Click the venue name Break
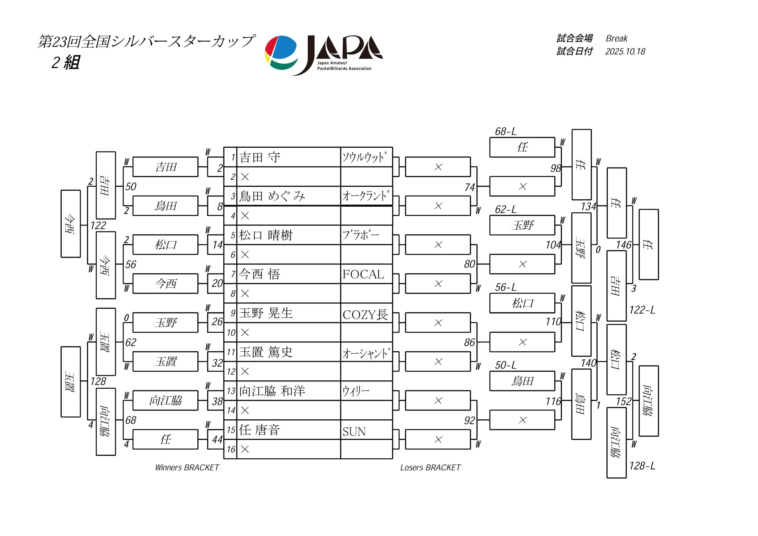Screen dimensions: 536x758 pos(616,38)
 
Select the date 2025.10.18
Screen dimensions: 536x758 pos(625,51)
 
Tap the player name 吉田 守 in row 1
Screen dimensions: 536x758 pos(259,157)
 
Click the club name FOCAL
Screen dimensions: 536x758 pos(363,274)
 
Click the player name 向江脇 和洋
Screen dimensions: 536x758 pos(272,391)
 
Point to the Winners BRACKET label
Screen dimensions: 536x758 pos(187,467)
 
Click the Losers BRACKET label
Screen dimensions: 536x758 pos(430,467)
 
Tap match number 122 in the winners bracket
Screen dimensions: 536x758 pos(98,226)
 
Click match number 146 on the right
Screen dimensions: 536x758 pos(623,245)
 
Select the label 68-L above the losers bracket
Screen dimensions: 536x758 pos(505,131)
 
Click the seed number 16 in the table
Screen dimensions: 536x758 pos(231,449)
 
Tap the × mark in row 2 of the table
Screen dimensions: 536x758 pos(245,177)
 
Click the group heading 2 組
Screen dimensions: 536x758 pos(65,62)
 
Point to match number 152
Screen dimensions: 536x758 pos(623,401)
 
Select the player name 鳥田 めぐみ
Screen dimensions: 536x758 pos(272,197)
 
